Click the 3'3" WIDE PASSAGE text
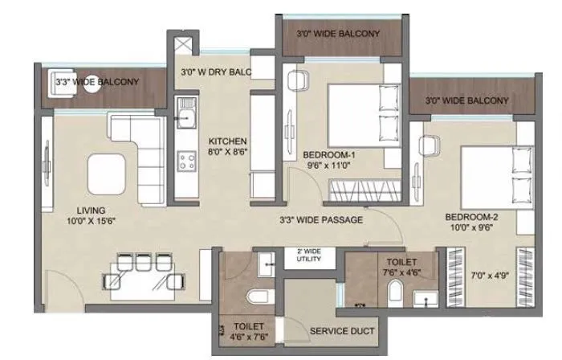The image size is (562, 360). click(321, 219)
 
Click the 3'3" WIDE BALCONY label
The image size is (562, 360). click(97, 82)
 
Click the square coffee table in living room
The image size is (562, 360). click(107, 170)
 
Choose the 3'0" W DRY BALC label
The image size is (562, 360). click(215, 72)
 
